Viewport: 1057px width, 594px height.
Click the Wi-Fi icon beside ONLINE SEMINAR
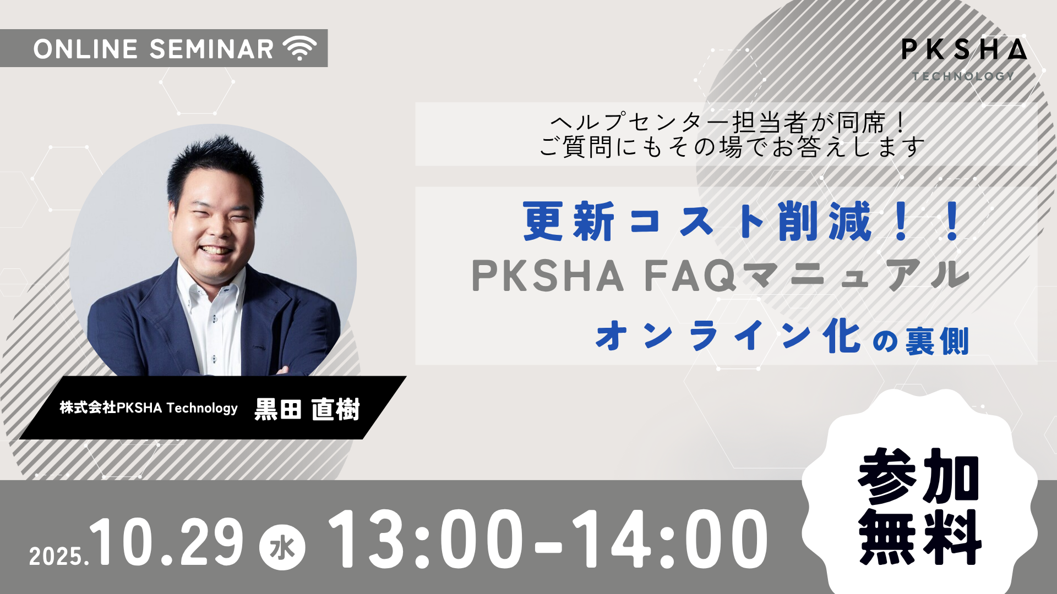pos(299,48)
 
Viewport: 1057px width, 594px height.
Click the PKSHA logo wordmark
pos(964,50)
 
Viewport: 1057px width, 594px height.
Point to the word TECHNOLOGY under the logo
pos(963,76)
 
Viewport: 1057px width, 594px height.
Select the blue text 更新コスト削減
pos(698,221)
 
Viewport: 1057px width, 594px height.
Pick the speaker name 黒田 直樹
pos(307,409)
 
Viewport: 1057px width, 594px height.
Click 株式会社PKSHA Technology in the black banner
pos(149,408)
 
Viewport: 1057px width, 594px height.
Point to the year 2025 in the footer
pos(57,556)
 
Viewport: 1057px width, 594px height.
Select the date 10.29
pos(166,542)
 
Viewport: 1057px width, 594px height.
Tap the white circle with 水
pos(282,547)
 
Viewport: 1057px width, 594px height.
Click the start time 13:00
pos(426,539)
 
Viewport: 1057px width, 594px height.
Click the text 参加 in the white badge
pos(919,476)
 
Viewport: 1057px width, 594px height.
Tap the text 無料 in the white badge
pos(920,537)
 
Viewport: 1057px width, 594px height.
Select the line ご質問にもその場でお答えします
pos(732,147)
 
